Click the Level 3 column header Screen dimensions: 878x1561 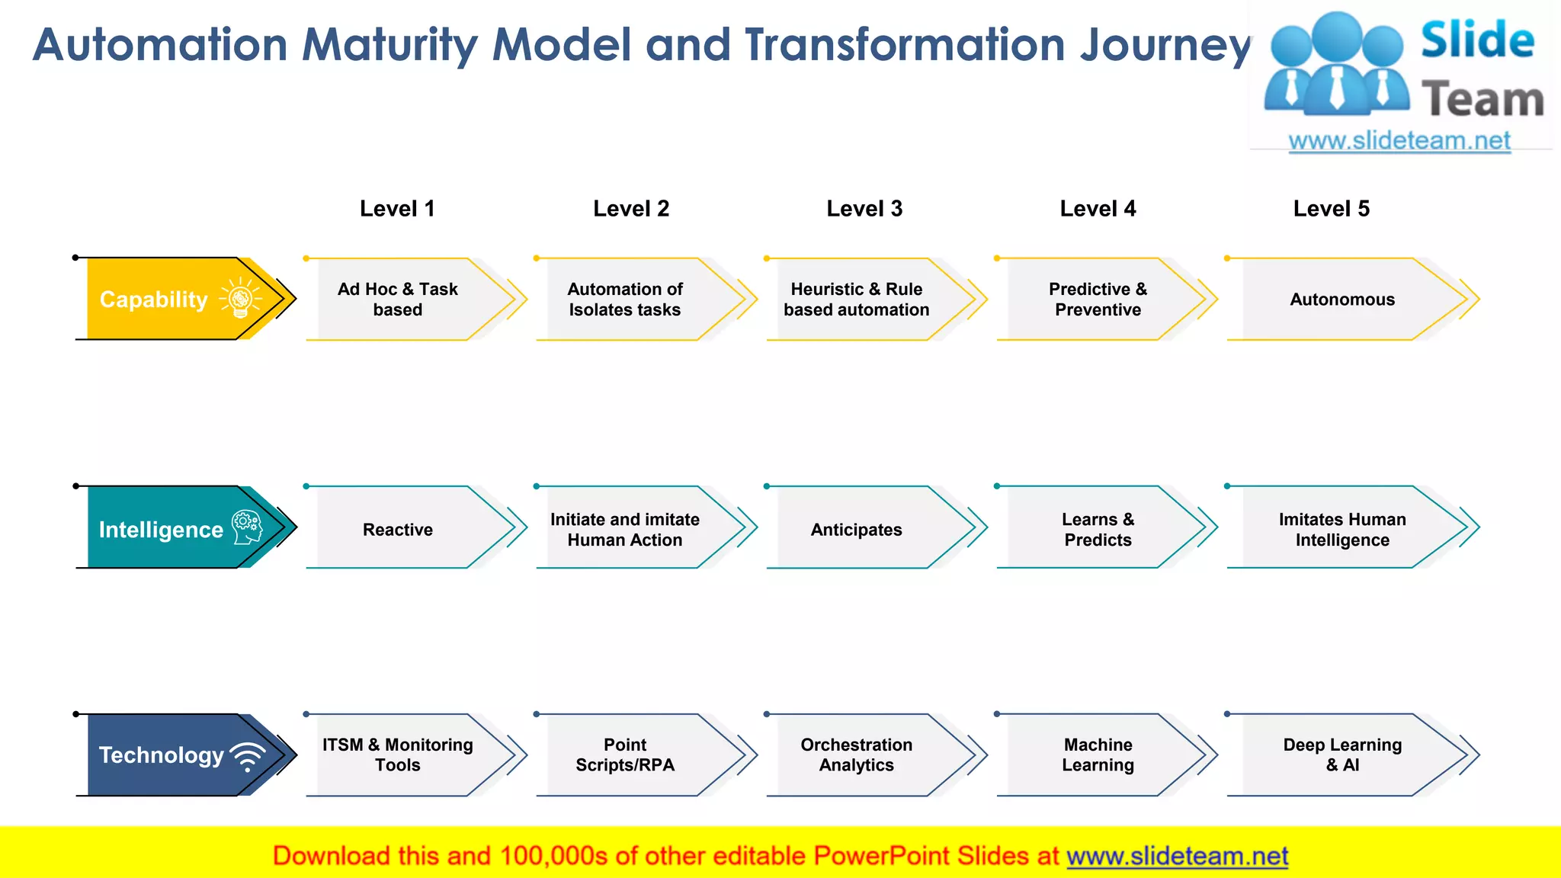point(864,209)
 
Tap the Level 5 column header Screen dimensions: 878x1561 point(1331,209)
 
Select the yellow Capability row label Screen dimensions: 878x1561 point(154,300)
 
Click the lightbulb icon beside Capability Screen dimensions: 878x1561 point(240,298)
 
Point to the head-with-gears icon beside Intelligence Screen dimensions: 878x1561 point(247,527)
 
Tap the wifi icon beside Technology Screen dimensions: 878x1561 point(248,756)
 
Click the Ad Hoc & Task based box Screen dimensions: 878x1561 point(398,300)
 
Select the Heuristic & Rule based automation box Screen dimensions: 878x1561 point(856,300)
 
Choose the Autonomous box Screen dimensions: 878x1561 point(1341,300)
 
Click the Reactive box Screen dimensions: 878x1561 point(398,529)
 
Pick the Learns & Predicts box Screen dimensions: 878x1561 point(1098,529)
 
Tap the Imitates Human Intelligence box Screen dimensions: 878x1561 point(1341,529)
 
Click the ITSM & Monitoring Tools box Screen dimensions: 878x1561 point(398,755)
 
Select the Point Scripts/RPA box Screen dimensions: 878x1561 point(625,755)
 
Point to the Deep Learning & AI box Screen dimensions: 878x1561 point(1341,755)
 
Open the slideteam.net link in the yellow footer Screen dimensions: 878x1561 point(1177,856)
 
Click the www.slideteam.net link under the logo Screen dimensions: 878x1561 point(1399,141)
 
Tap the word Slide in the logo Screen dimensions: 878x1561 point(1477,40)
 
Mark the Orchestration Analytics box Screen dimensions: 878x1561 point(856,755)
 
